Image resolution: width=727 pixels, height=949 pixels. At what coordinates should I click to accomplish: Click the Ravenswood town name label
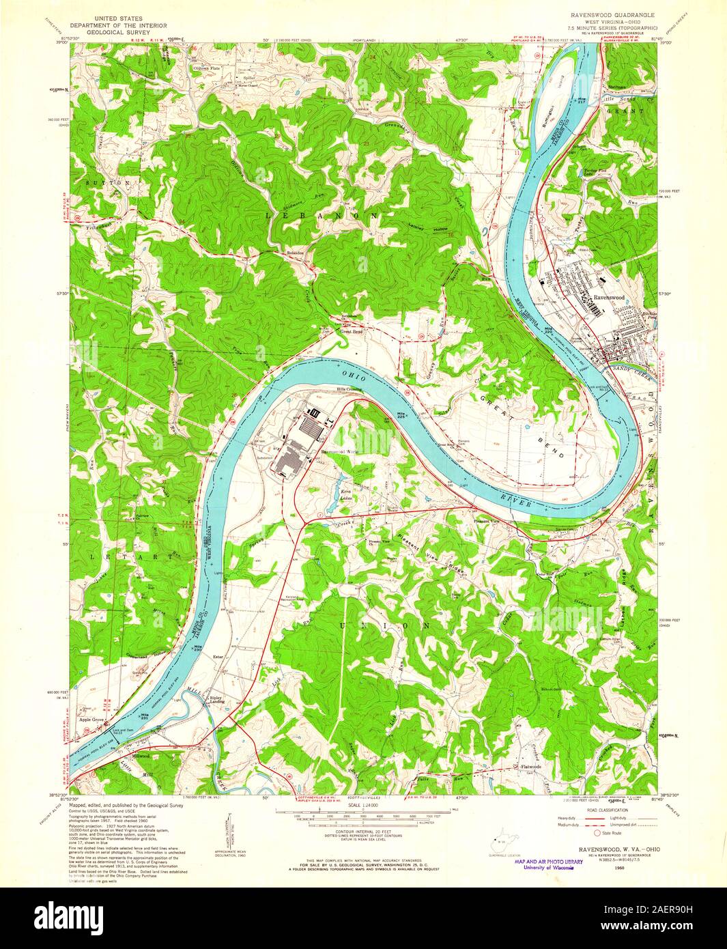click(x=609, y=298)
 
